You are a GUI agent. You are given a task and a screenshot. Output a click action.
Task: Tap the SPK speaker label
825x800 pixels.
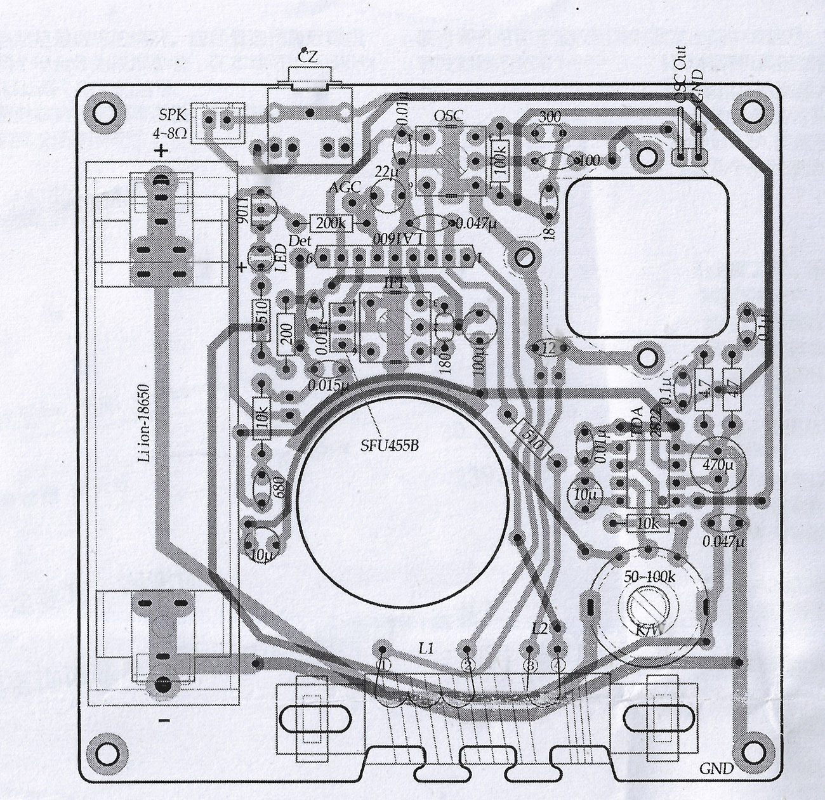click(172, 115)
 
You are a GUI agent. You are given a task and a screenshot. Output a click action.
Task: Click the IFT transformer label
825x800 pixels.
click(393, 283)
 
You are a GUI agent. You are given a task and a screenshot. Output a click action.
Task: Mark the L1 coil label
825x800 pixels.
click(426, 648)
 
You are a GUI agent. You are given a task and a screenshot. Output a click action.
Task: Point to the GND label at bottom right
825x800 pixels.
click(716, 768)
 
